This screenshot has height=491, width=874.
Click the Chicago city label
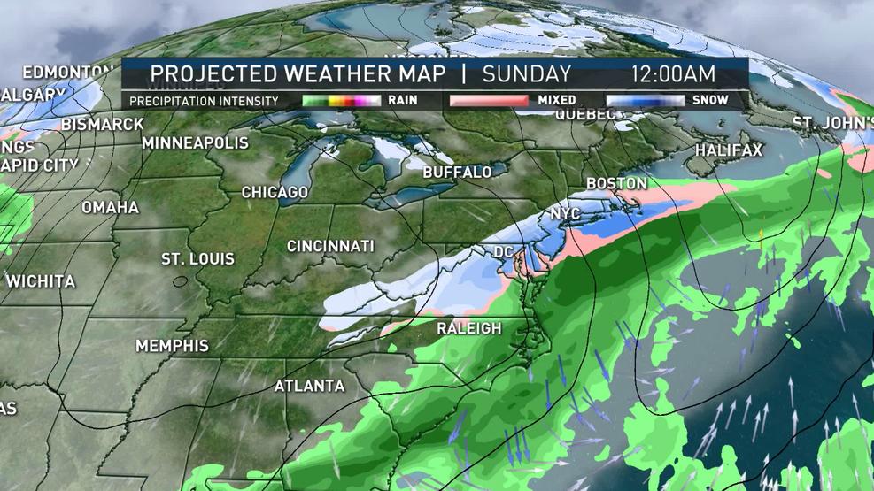click(x=275, y=192)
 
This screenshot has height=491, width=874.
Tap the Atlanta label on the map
click(x=309, y=386)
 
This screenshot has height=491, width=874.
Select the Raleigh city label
click(x=469, y=328)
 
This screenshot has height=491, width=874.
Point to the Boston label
click(x=612, y=183)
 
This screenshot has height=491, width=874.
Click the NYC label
click(x=565, y=215)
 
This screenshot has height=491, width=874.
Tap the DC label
click(x=504, y=252)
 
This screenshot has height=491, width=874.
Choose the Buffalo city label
click(x=457, y=172)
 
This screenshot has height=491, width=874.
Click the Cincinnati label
click(x=330, y=246)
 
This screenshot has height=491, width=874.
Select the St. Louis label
click(x=197, y=259)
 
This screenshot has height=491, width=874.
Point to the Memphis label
click(x=172, y=345)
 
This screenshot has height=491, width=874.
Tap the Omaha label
click(x=111, y=207)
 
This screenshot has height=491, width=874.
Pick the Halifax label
click(x=728, y=150)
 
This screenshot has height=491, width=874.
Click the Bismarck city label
click(x=103, y=124)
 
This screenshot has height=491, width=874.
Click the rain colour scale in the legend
click(x=342, y=101)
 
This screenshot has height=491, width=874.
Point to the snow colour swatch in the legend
click(x=646, y=101)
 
